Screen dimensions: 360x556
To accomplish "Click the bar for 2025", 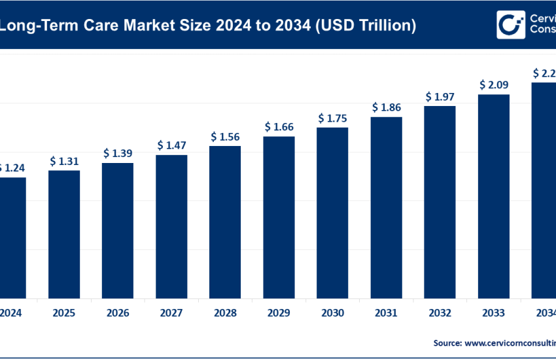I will pyautogui.click(x=64, y=234).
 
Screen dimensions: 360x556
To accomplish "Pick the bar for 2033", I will pyautogui.click(x=494, y=196).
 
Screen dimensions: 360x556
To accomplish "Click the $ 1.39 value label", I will pyautogui.click(x=118, y=153).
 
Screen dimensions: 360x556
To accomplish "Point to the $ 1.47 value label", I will pyautogui.click(x=171, y=145).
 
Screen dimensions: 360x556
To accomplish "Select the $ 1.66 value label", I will pyautogui.click(x=279, y=126).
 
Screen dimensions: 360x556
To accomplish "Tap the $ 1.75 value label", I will pyautogui.click(x=332, y=118).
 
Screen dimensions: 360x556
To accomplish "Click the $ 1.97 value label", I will pyautogui.click(x=440, y=97).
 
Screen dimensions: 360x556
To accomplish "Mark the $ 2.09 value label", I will pyautogui.click(x=493, y=84).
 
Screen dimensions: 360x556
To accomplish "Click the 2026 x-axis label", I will pyautogui.click(x=118, y=312).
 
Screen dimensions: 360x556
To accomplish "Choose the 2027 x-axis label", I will pyautogui.click(x=171, y=312).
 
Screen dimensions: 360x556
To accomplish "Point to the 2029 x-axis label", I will pyautogui.click(x=279, y=312).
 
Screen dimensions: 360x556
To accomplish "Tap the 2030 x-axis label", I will pyautogui.click(x=332, y=312).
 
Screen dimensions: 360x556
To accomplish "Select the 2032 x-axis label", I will pyautogui.click(x=440, y=312).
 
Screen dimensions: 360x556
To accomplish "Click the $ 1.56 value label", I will pyautogui.click(x=225, y=136).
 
